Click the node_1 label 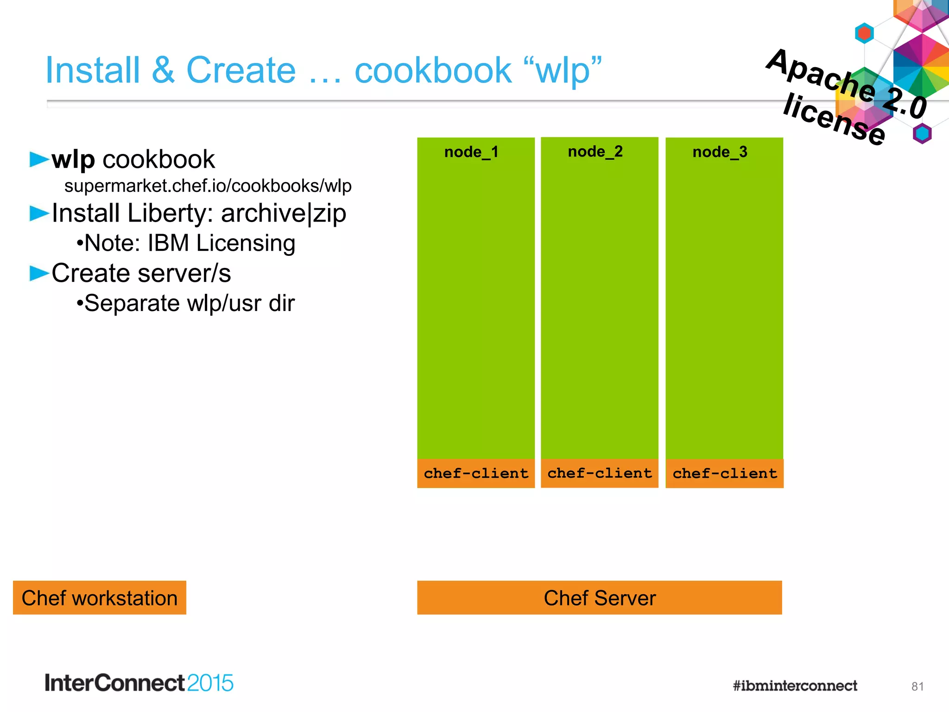[x=471, y=152]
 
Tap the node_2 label [x=595, y=152]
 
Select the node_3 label [x=720, y=152]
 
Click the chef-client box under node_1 [x=476, y=473]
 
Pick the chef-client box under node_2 [x=600, y=473]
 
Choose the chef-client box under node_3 [x=724, y=473]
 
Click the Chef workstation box [x=100, y=598]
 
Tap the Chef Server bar [x=599, y=598]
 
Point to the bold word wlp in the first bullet [x=73, y=160]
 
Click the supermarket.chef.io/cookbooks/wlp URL [x=208, y=186]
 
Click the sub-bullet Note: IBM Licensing [x=186, y=243]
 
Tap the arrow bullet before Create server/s [x=39, y=273]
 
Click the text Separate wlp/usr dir [x=186, y=304]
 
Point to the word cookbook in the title [x=433, y=70]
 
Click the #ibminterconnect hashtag [x=795, y=686]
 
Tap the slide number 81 [x=917, y=687]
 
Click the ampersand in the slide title [x=163, y=70]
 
